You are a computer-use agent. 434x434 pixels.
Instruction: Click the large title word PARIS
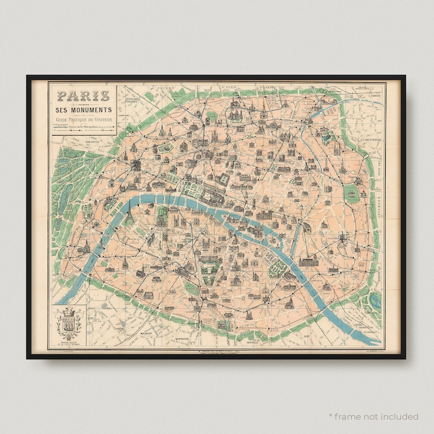[84, 97]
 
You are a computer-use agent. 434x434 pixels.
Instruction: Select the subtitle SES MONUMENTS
[84, 111]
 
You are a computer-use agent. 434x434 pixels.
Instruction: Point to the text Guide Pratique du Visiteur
[84, 119]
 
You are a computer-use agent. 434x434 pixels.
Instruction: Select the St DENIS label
[269, 86]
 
